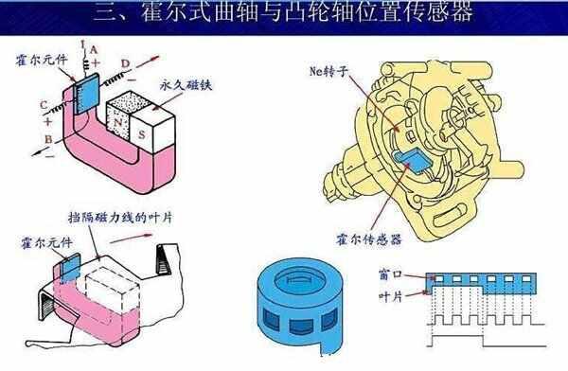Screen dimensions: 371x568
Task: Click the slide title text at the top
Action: tap(284, 13)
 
